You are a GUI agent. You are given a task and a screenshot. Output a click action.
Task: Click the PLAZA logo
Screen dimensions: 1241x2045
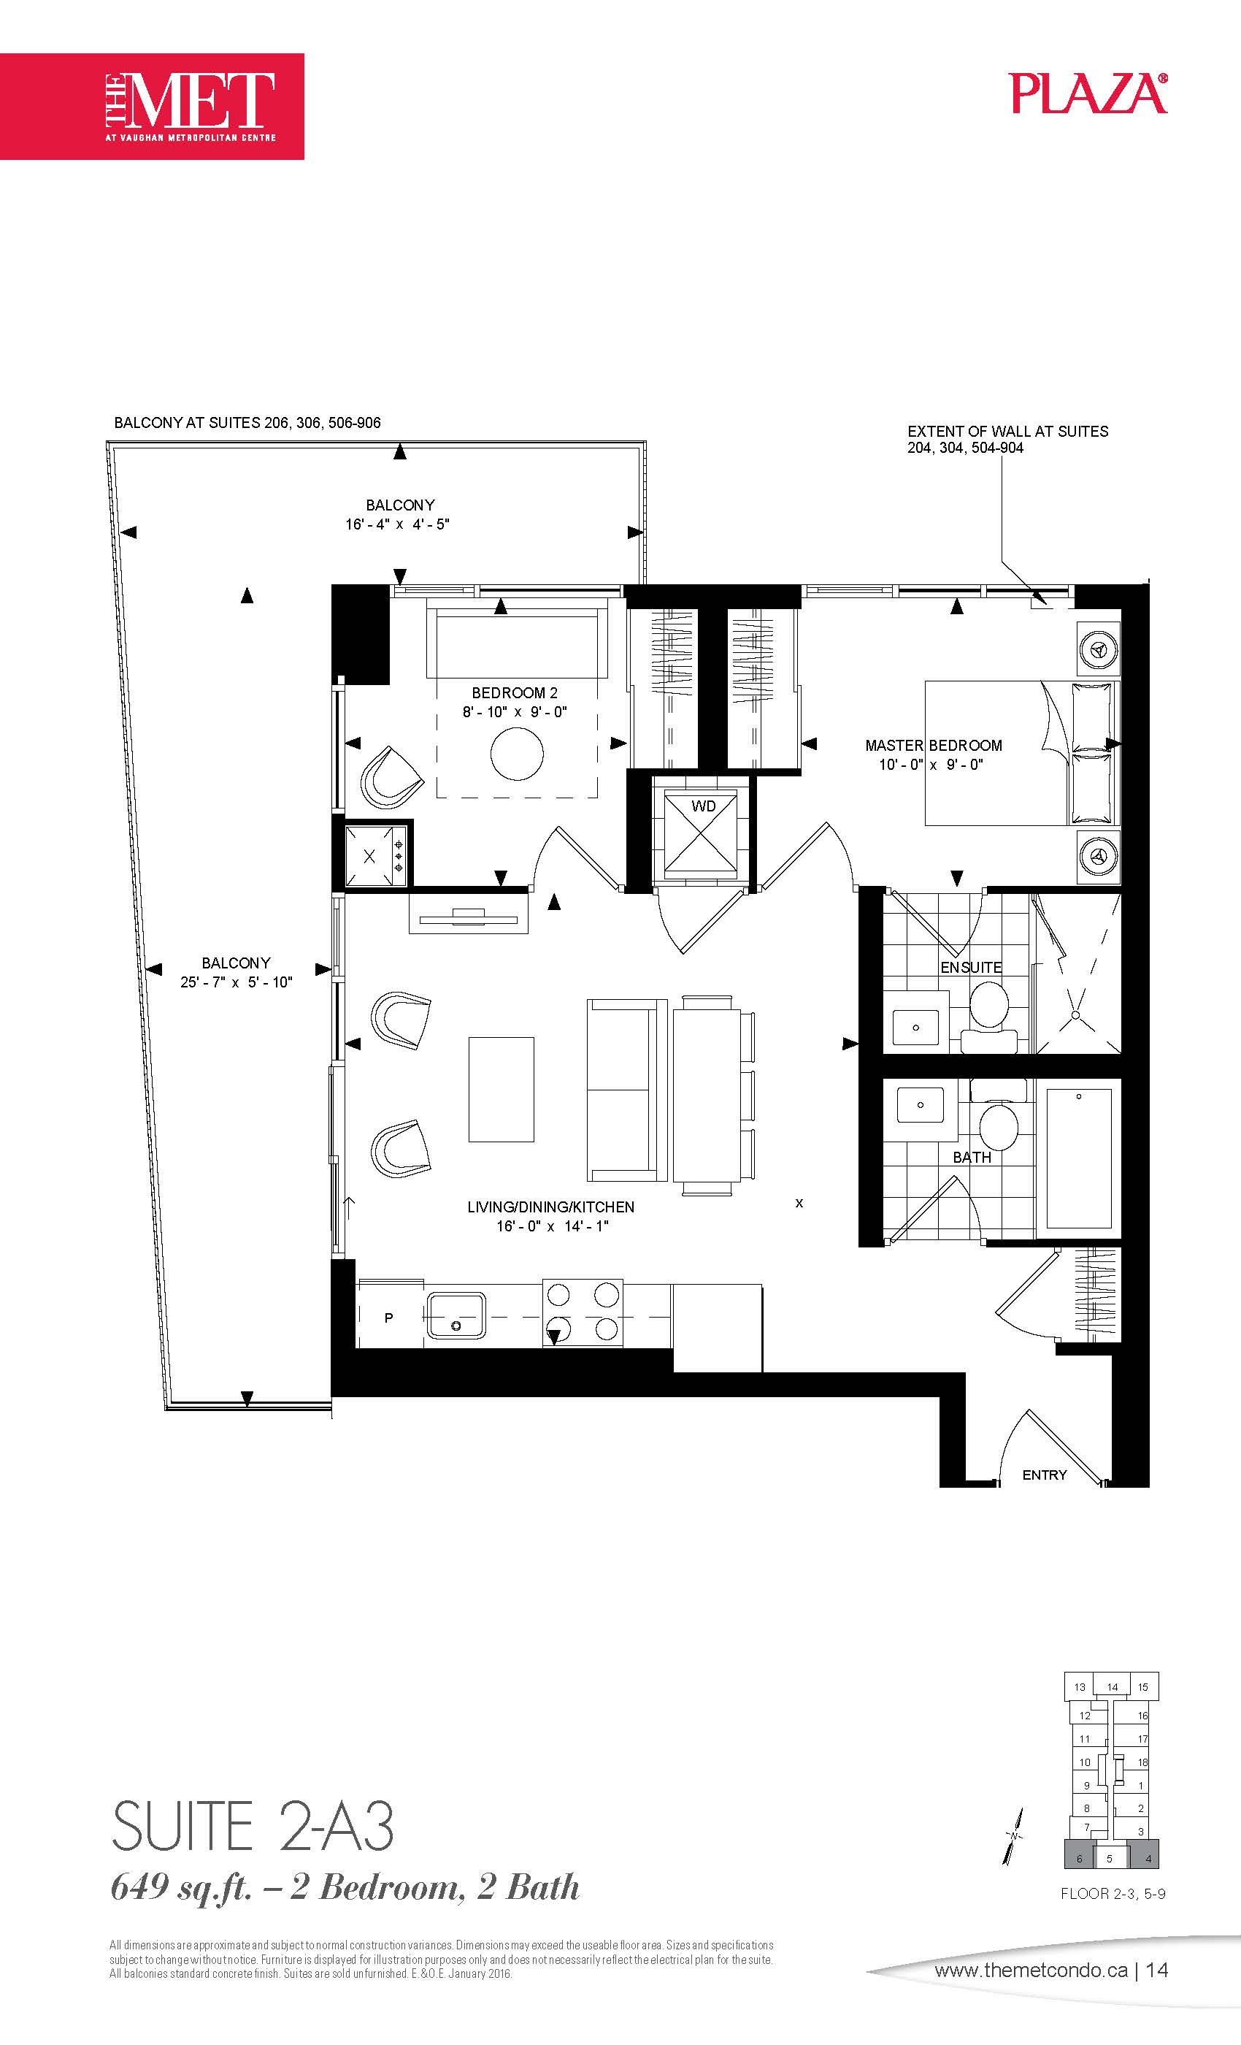click(x=1088, y=93)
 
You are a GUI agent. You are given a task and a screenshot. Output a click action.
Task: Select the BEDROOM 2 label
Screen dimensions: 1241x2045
click(x=515, y=693)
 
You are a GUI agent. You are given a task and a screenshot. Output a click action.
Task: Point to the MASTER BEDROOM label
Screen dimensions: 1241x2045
click(x=933, y=745)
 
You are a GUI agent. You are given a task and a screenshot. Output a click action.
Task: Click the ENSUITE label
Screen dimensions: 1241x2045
click(x=971, y=968)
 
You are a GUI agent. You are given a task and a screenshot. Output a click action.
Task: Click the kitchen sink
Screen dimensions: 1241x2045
click(x=456, y=1315)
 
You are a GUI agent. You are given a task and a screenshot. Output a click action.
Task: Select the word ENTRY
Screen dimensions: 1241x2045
click(x=1045, y=1475)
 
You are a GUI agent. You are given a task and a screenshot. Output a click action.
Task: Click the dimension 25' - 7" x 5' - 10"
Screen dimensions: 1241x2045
click(x=237, y=982)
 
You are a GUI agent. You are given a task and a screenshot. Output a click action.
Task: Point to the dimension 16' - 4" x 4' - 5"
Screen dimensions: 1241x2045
click(x=397, y=524)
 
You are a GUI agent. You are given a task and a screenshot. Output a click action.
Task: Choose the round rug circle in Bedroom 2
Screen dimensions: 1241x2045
click(x=517, y=754)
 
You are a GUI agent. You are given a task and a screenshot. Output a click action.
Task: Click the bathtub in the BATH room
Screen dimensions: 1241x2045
click(x=1078, y=1158)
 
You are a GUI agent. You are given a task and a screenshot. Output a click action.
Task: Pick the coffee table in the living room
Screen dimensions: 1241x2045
click(x=501, y=1089)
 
